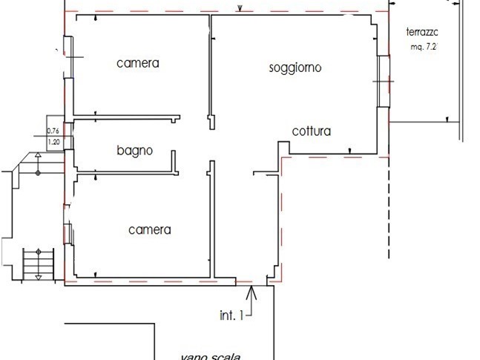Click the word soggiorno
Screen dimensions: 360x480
[295, 68]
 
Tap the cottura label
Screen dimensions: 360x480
[311, 131]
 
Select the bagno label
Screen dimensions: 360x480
[134, 150]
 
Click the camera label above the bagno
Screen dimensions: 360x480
[138, 63]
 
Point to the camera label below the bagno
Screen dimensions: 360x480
[150, 230]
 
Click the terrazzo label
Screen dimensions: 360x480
[423, 32]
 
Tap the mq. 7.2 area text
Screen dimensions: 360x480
[424, 46]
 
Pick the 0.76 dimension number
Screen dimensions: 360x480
[53, 131]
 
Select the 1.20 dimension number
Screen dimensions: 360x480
[53, 141]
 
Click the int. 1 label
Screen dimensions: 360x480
[231, 316]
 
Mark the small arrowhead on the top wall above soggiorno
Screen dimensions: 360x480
[240, 10]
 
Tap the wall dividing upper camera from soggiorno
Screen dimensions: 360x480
[210, 74]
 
